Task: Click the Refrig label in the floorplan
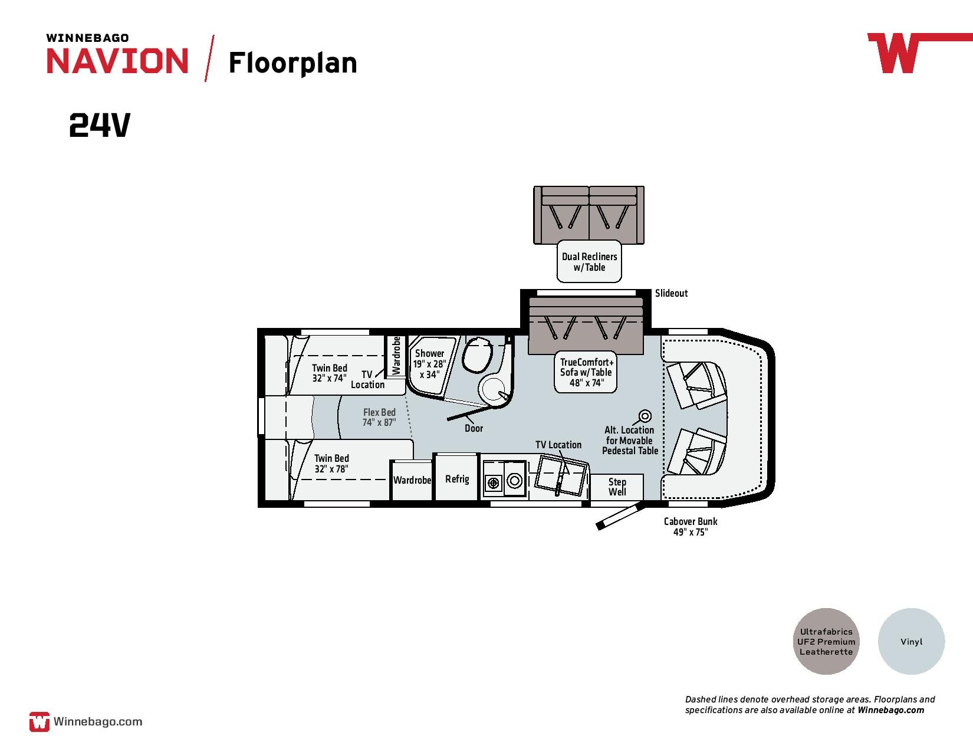pos(457,479)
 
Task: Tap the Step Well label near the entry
pos(617,487)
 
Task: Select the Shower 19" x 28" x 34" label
pos(429,364)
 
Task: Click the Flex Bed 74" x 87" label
pos(379,417)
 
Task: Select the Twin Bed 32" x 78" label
pos(331,464)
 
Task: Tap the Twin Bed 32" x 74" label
pos(330,373)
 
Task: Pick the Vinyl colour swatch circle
pos(911,641)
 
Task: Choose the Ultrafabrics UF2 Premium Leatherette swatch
pos(826,641)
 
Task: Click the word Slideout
pos(671,293)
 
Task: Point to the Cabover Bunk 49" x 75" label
pos(691,527)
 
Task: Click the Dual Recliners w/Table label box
pos(589,261)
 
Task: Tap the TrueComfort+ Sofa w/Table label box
pos(586,372)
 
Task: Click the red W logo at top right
pos(895,53)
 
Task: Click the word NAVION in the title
pos(118,61)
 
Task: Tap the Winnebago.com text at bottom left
pos(98,721)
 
